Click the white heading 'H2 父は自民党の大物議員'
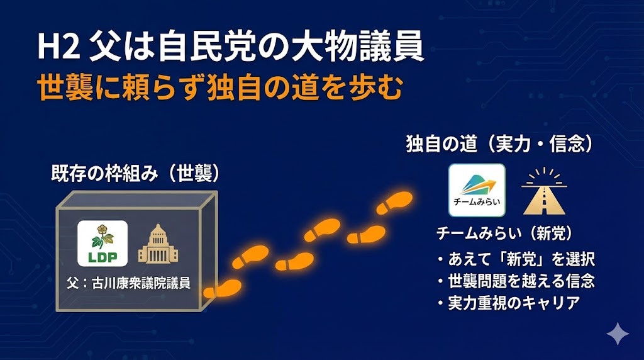230,48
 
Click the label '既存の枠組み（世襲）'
135,174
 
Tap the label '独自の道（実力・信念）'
499,144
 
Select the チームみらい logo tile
476,190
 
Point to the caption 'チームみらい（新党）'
505,233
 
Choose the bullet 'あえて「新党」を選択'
516,259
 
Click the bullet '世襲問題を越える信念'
516,280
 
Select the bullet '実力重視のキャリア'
508,302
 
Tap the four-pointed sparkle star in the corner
617,333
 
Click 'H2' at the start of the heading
57,49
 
